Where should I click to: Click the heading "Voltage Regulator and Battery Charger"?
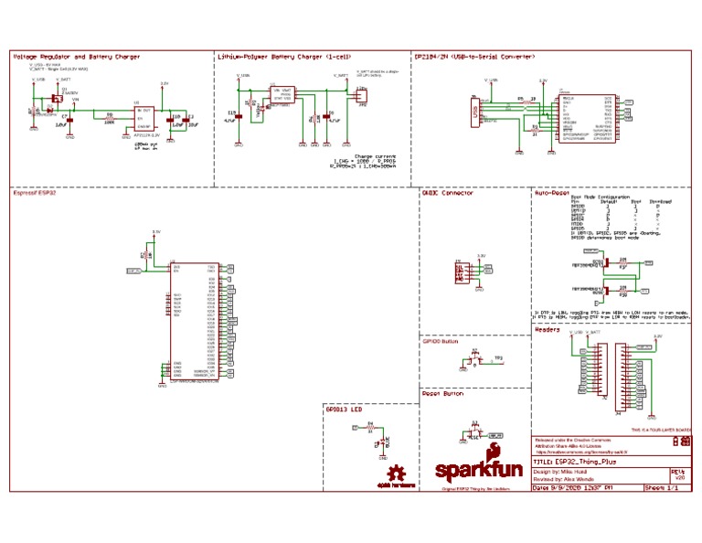click(77, 57)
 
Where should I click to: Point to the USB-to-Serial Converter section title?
click(473, 57)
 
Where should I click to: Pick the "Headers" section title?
click(548, 330)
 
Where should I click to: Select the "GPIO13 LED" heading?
click(344, 410)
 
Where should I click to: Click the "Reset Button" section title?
click(443, 393)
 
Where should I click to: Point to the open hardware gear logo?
click(397, 476)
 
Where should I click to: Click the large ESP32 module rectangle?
click(192, 321)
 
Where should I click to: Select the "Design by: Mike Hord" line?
click(566, 472)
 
